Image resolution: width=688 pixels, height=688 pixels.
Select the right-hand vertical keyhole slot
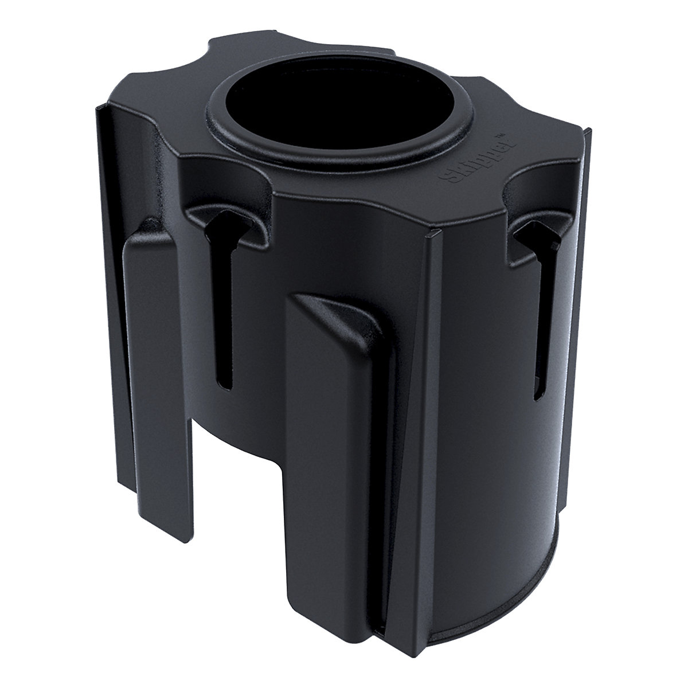point(538,321)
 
